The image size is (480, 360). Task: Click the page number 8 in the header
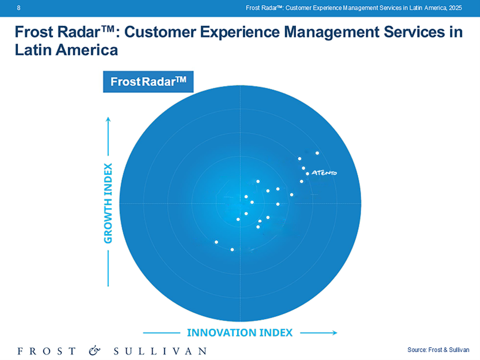click(x=19, y=7)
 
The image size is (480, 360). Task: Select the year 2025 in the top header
click(x=455, y=7)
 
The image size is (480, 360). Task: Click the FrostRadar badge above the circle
click(x=148, y=81)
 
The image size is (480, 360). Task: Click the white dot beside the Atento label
click(x=307, y=173)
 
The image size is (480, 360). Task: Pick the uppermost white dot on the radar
click(x=317, y=153)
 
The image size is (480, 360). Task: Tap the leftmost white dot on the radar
click(x=216, y=242)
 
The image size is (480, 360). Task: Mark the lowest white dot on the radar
click(x=232, y=249)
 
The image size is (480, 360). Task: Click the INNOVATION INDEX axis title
click(x=239, y=332)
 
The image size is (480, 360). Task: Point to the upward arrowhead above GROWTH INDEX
click(x=108, y=121)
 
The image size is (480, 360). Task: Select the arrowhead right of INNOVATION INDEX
click(x=333, y=332)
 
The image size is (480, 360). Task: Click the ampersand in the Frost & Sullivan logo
click(x=94, y=350)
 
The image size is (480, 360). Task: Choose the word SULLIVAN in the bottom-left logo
click(x=159, y=350)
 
